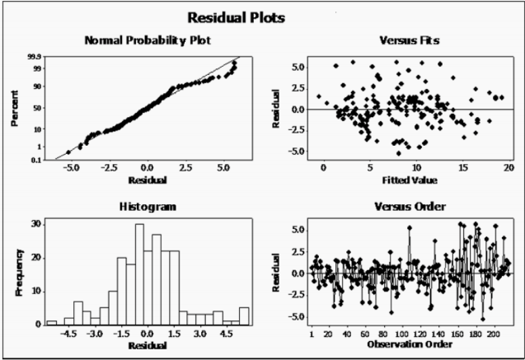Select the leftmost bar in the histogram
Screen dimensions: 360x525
coord(51,322)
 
